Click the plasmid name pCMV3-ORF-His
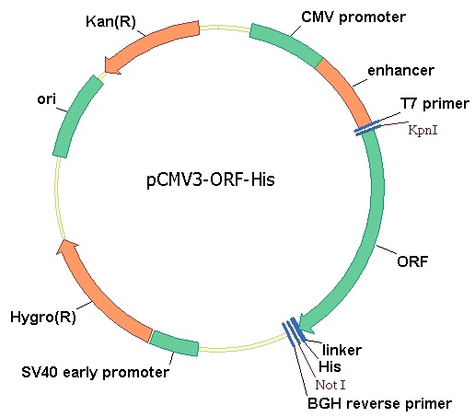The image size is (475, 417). (211, 180)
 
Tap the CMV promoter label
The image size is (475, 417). (353, 17)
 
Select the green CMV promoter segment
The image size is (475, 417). (285, 44)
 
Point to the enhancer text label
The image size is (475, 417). (400, 70)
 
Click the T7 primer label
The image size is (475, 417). (434, 104)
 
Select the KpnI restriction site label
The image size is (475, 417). (423, 130)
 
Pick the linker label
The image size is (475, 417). (342, 350)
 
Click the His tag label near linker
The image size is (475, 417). (330, 366)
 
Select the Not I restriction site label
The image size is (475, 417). (330, 385)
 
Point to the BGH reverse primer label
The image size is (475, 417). (379, 403)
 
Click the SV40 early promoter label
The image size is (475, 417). (95, 372)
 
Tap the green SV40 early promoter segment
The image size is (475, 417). (174, 343)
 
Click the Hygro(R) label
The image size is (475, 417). (43, 317)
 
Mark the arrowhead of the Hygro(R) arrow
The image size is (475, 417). (66, 247)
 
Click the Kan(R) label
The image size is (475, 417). (110, 21)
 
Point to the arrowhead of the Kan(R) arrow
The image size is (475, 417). (111, 65)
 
